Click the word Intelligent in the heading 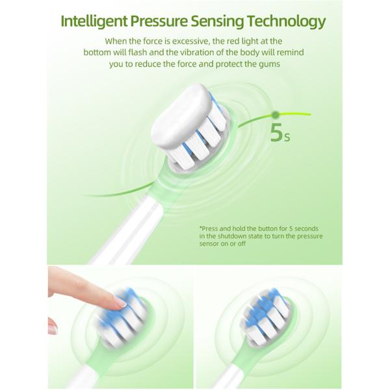[x=94, y=21]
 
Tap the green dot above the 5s [x=276, y=114]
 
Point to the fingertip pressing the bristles [x=118, y=300]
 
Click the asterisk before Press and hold [x=201, y=229]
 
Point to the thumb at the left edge [x=52, y=325]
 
